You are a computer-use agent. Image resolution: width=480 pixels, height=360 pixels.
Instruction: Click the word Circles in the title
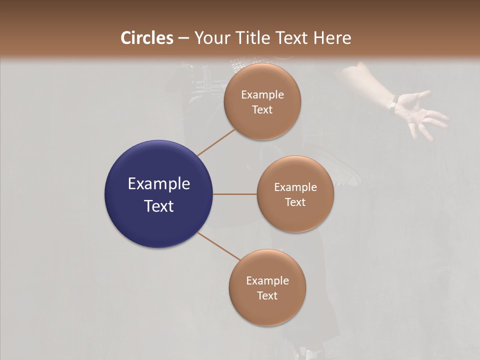[147, 38]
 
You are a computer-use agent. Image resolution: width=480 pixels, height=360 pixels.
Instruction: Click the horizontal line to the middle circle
[235, 194]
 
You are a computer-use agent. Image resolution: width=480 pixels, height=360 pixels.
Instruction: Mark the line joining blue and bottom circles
[219, 246]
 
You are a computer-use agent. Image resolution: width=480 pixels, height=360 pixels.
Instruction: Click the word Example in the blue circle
[159, 184]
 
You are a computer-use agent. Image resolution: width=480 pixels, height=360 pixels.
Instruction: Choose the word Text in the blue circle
[159, 206]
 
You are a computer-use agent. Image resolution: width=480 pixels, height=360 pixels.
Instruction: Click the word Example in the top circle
[262, 95]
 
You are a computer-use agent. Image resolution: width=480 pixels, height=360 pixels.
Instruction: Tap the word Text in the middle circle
[295, 202]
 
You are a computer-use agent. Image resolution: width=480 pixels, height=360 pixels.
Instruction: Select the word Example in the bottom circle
[267, 280]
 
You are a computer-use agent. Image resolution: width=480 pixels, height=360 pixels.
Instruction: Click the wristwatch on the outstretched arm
[394, 103]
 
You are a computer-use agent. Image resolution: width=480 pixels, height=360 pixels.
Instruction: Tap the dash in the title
[183, 38]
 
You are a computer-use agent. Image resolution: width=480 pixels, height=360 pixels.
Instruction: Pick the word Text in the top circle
[262, 110]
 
